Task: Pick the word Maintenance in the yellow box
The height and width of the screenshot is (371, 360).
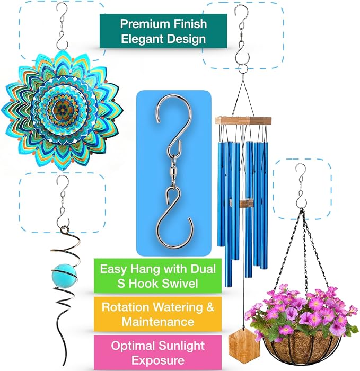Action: pyautogui.click(x=158, y=322)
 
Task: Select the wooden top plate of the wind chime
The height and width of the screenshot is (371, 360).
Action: pyautogui.click(x=243, y=120)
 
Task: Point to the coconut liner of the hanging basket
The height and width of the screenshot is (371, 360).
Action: pyautogui.click(x=301, y=348)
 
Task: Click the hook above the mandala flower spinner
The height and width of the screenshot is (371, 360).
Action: pyautogui.click(x=62, y=26)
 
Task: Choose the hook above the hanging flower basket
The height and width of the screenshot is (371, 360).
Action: pyautogui.click(x=301, y=186)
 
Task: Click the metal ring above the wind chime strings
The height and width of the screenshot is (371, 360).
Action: pyautogui.click(x=243, y=69)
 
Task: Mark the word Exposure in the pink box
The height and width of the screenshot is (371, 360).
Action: pyautogui.click(x=158, y=360)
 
